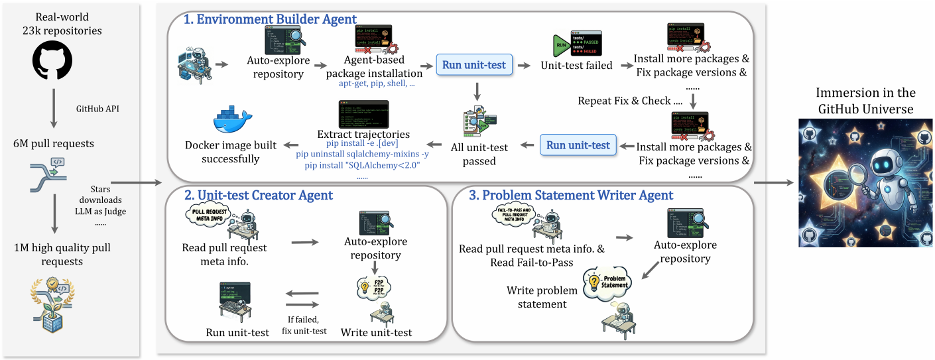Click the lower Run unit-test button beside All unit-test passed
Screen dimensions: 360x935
578,145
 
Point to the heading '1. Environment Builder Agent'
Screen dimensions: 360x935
271,20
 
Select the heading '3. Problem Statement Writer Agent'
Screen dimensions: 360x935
570,195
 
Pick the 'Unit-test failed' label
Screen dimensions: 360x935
576,66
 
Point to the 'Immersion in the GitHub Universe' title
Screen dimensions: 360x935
865,101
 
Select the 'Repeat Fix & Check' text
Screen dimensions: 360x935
630,101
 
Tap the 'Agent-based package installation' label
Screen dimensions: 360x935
374,66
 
